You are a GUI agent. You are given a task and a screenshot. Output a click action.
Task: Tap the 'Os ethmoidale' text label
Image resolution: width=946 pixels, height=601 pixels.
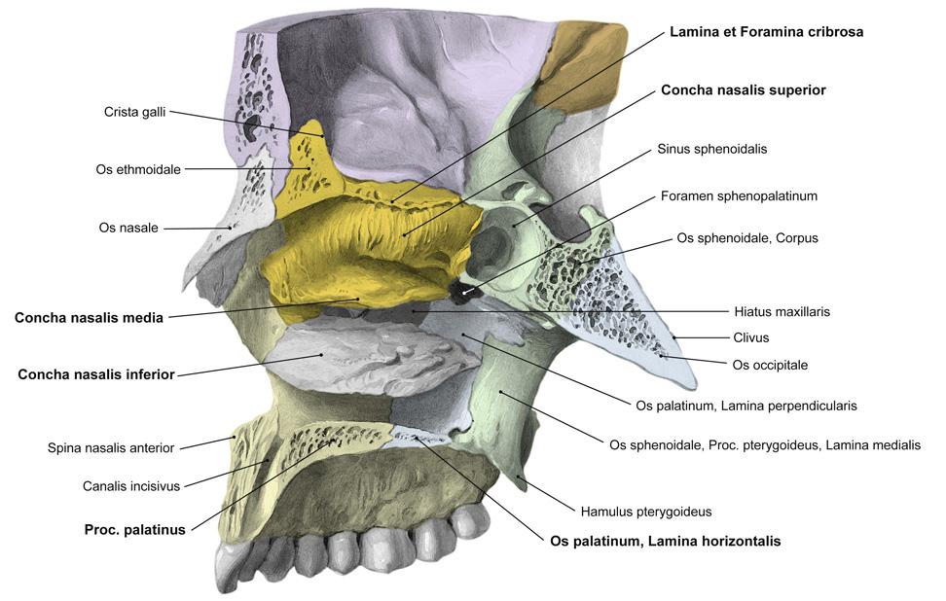(x=138, y=169)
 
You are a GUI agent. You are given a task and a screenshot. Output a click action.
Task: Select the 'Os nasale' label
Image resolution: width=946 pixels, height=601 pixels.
(x=128, y=228)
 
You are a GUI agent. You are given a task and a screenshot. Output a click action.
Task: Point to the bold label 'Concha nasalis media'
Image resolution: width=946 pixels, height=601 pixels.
(x=89, y=317)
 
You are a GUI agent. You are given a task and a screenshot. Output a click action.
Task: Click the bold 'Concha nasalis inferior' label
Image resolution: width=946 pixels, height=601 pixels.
(x=96, y=374)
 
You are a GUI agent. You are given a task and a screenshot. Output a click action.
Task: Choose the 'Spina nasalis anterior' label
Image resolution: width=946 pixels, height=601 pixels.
(x=110, y=448)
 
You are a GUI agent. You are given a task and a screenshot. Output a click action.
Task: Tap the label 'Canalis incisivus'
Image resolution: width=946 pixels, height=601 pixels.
(x=131, y=485)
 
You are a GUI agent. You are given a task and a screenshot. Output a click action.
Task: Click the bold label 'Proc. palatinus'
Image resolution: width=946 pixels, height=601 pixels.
(x=134, y=530)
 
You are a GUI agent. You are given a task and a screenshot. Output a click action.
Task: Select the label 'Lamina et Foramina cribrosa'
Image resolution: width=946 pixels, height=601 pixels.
(x=766, y=32)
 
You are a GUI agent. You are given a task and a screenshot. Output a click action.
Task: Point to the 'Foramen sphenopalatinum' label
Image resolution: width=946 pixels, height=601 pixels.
(x=737, y=195)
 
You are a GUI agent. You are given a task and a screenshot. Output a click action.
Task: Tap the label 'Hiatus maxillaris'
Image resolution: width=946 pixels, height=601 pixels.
(x=782, y=312)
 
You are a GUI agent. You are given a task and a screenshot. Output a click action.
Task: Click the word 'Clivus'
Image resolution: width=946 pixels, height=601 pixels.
(x=750, y=337)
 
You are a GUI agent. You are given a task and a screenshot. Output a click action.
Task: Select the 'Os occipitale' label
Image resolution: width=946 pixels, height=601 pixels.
(x=770, y=365)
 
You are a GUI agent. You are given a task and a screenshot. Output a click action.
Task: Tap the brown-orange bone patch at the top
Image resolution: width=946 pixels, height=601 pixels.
(x=580, y=63)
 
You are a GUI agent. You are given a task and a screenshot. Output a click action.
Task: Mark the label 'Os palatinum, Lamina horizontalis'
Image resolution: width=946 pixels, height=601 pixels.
(x=665, y=541)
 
